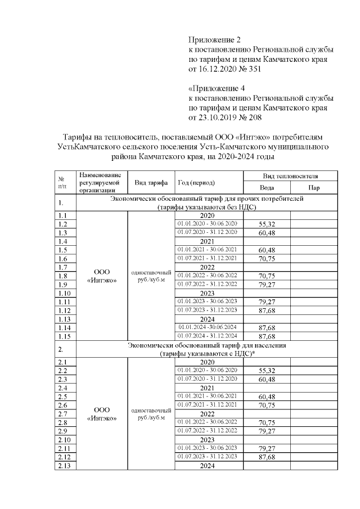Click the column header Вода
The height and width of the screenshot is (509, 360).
(x=266, y=188)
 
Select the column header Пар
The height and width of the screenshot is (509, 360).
(x=314, y=188)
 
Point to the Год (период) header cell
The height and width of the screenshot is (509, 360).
(x=196, y=182)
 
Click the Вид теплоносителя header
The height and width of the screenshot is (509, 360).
(x=290, y=176)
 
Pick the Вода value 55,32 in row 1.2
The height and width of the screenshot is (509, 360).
(x=266, y=224)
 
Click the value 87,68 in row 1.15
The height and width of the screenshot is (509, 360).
(x=266, y=336)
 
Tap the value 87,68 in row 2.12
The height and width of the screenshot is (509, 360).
(x=266, y=457)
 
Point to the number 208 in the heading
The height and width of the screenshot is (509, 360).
(x=254, y=118)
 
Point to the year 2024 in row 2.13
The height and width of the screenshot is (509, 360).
(x=208, y=466)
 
